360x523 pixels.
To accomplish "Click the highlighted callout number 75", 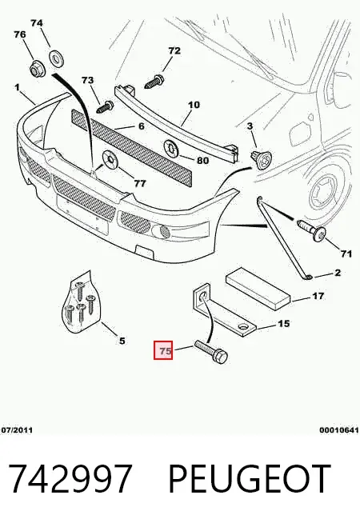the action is [163, 350].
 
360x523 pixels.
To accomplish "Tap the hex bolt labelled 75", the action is [211, 352].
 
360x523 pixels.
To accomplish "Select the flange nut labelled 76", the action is [36, 69].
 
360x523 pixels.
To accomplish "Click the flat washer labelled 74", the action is [57, 58].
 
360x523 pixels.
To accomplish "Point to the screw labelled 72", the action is [154, 82].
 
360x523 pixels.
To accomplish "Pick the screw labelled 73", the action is [105, 106].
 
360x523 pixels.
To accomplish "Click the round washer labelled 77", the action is [108, 159].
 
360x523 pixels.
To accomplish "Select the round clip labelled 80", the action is [171, 149].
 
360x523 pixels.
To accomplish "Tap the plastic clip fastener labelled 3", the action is [262, 158].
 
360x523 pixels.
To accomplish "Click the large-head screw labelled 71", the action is [312, 230].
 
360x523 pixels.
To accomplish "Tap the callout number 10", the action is [194, 105].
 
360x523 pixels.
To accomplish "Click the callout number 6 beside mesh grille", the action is [141, 126].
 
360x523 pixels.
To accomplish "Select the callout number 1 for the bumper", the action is [17, 87].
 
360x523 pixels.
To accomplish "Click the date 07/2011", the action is [18, 430].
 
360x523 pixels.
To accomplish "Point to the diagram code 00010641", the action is [339, 430].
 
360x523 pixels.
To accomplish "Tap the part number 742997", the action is [69, 479].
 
